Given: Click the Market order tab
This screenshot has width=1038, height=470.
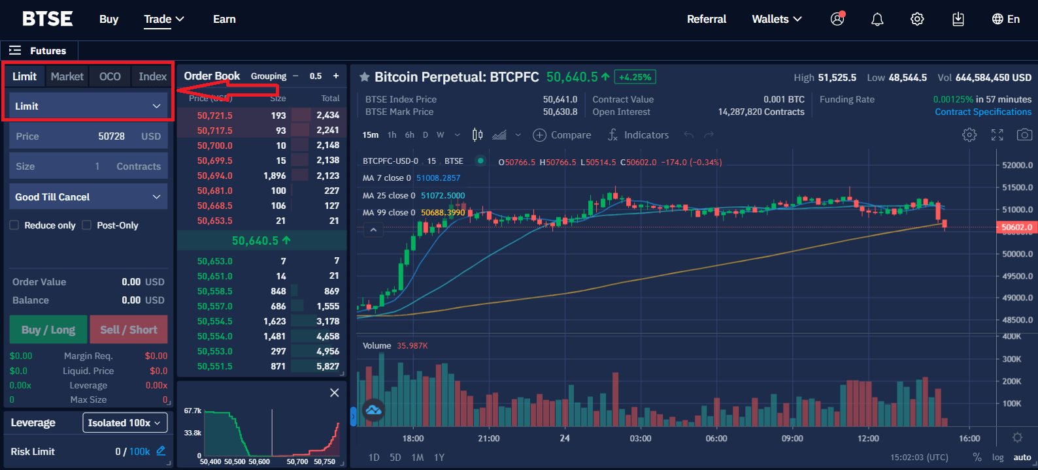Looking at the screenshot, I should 67,76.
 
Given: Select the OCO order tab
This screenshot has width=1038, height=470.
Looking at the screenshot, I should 110,76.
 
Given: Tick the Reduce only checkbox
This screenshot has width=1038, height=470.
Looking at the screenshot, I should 14,225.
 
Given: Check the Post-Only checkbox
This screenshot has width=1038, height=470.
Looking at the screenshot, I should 87,225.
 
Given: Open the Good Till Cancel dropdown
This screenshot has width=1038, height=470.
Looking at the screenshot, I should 88,196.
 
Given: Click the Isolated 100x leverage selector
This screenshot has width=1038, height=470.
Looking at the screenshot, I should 124,423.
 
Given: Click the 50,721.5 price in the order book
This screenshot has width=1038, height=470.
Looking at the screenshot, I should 215,116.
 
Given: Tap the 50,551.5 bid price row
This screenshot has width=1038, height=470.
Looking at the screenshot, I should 215,366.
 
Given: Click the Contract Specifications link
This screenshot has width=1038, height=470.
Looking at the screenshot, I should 983,112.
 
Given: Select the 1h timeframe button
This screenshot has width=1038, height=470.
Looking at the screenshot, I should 392,135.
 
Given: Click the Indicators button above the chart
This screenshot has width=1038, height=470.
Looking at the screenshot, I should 638,135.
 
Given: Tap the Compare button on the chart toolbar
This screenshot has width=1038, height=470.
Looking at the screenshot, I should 562,135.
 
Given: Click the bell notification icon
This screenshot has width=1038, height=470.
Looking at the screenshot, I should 877,20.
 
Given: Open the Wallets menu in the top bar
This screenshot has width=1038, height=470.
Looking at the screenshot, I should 777,20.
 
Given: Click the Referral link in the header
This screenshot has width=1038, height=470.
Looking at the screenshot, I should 707,20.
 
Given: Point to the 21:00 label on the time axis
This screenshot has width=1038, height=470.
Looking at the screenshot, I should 489,439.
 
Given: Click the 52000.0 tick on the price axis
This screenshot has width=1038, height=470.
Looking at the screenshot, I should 1018,165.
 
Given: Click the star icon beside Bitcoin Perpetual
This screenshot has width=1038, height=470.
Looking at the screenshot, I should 365,77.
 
